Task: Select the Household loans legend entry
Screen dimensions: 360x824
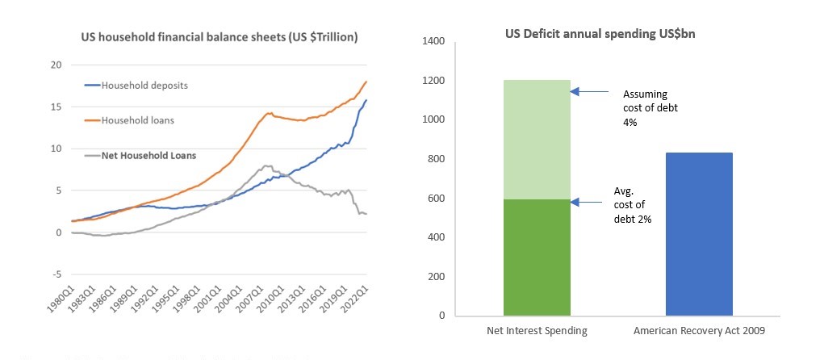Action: pos(136,120)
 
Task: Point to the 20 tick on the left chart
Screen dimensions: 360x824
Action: pos(56,65)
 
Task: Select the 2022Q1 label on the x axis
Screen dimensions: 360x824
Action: pos(356,302)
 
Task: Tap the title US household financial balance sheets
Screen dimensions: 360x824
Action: pos(219,37)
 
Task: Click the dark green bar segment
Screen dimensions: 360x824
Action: pos(536,257)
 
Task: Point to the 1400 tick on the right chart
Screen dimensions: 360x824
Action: pos(434,41)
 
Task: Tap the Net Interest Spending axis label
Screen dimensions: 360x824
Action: pos(536,331)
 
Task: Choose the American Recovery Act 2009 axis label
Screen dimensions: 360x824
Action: pos(699,331)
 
